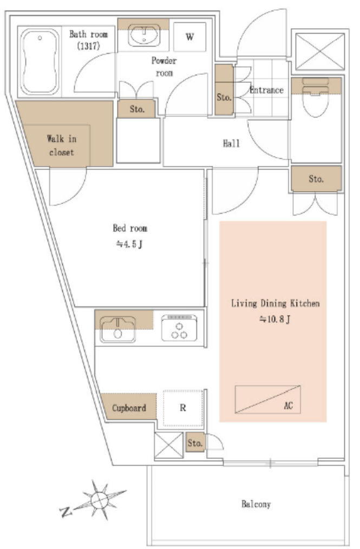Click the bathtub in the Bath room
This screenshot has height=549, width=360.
coord(40,62)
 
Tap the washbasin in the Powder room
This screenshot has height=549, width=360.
coord(144,35)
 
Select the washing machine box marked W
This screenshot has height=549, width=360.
coord(189,37)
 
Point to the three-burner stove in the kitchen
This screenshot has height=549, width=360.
coord(179,328)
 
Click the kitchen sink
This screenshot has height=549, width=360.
coord(117,329)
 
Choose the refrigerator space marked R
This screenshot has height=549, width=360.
coord(183,408)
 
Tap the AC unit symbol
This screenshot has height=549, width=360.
coord(267,399)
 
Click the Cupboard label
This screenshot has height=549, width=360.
coord(129,408)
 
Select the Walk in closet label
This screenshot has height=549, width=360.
coord(62,146)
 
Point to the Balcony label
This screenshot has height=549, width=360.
coord(256,504)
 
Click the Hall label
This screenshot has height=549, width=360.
coord(231,143)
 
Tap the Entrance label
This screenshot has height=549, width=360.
coord(266,90)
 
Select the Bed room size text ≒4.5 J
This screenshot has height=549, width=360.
coord(129,244)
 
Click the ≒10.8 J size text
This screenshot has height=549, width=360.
coord(275,319)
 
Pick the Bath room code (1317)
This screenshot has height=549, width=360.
coord(89,45)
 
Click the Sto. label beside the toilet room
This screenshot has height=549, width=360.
coord(316,179)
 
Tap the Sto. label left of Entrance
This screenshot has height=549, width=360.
coord(224,97)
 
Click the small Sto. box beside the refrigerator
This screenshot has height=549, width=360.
coord(195,443)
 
